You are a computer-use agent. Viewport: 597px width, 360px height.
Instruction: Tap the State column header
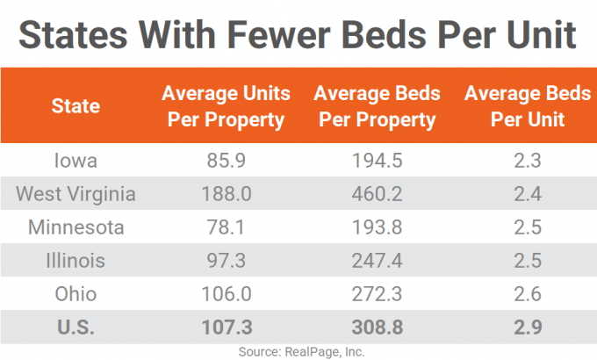click(76, 107)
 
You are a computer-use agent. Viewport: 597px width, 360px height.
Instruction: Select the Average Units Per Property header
click(227, 107)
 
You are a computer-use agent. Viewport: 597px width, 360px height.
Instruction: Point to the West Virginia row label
click(76, 195)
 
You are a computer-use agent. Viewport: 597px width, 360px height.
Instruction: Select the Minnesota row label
click(76, 227)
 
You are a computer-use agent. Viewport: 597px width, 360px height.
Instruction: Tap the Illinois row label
click(76, 261)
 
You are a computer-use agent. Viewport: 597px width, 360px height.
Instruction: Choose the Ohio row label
click(76, 293)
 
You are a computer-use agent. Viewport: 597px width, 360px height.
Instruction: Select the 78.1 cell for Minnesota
click(227, 227)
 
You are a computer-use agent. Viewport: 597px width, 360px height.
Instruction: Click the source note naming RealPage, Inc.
click(298, 350)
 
